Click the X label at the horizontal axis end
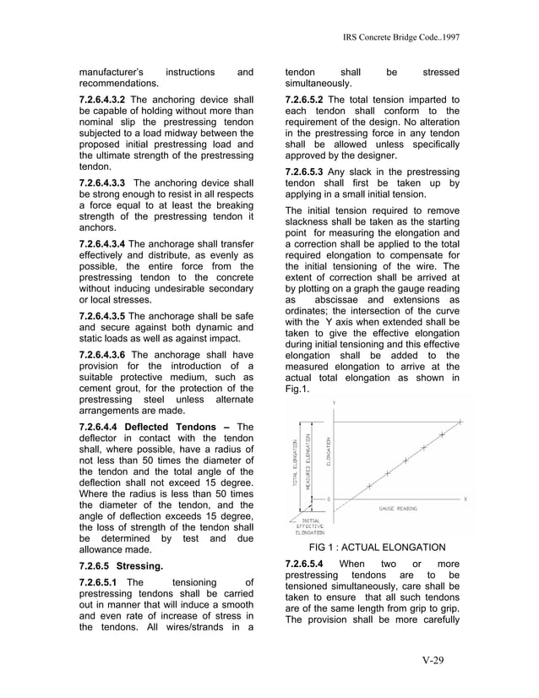click(465, 499)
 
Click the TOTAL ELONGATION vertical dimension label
click(295, 462)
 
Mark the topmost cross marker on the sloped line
click(460, 421)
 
